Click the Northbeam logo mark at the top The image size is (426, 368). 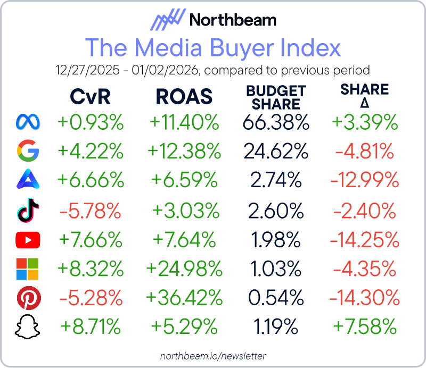166,21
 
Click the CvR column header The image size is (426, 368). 91,97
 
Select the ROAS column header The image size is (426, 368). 184,97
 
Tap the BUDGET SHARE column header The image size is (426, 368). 276,97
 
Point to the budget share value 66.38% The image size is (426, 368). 276,123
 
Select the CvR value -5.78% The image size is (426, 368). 91,212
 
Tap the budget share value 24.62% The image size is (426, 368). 276,152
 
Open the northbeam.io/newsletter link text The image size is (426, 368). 213,356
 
